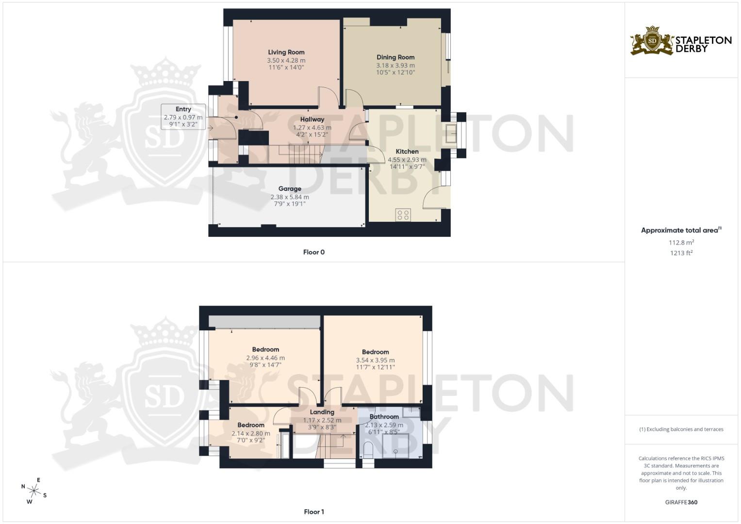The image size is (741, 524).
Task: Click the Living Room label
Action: tap(286, 52)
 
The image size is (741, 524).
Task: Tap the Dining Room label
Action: tap(395, 57)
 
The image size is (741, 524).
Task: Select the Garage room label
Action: tap(290, 189)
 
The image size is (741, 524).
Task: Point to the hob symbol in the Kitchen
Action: tap(403, 215)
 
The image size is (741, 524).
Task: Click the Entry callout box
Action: tap(183, 116)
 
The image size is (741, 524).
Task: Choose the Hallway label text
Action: tap(312, 119)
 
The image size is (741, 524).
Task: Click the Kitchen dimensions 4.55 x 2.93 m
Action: tap(407, 159)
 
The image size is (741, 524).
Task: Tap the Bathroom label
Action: tap(384, 417)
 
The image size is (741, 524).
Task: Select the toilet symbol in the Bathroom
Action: tap(368, 450)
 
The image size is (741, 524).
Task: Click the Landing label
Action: tap(322, 412)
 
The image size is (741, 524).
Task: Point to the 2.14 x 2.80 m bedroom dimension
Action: tap(251, 433)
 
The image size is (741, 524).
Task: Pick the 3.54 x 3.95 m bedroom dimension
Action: tap(375, 360)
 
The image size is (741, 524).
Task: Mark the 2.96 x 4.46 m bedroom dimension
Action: tap(265, 358)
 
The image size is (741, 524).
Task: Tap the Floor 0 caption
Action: tap(313, 252)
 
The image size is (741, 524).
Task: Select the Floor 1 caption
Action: tap(313, 512)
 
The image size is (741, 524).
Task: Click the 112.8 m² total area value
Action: tap(681, 243)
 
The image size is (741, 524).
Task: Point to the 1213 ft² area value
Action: tap(681, 253)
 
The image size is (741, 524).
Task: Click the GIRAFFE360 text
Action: tap(681, 502)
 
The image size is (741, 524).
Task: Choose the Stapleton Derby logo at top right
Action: tap(681, 41)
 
